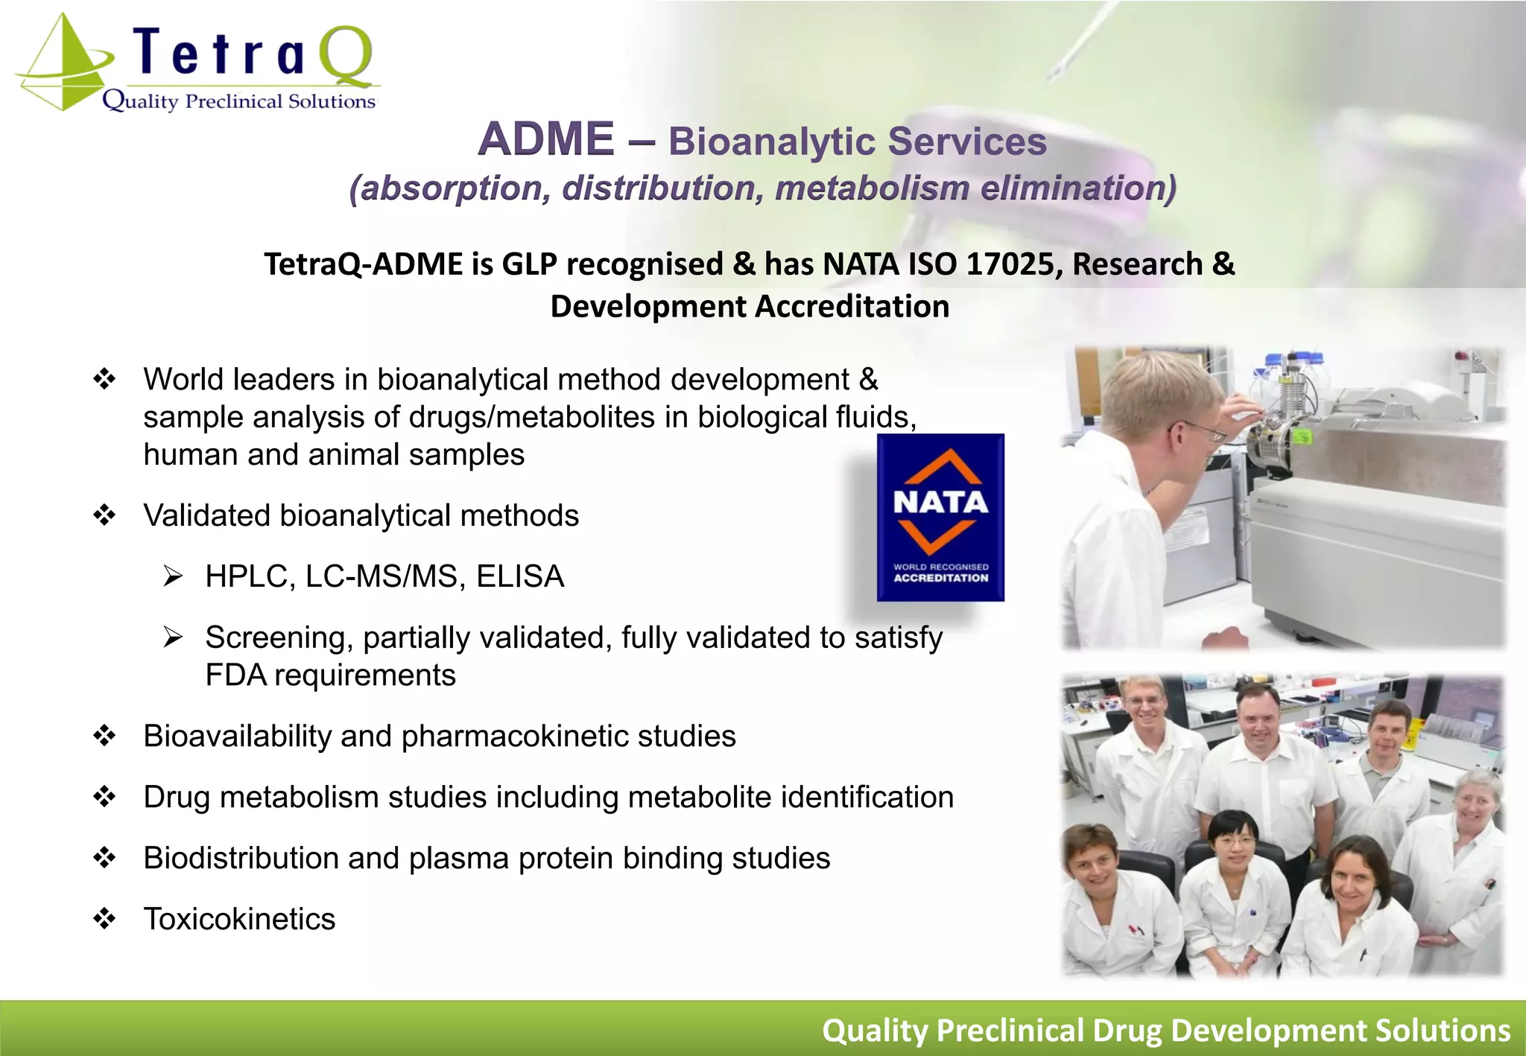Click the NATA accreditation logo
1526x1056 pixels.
940,517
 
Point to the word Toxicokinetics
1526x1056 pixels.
239,919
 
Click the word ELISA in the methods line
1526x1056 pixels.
520,576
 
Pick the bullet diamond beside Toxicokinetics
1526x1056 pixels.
104,918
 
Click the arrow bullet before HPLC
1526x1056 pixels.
173,576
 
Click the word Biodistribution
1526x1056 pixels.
240,858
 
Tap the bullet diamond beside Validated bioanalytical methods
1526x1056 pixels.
104,515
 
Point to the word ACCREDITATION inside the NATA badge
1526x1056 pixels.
941,578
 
